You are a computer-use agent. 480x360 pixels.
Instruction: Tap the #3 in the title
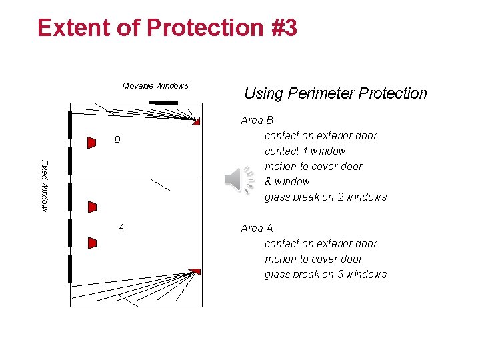coord(281,28)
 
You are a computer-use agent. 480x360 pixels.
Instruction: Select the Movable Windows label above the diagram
coord(155,85)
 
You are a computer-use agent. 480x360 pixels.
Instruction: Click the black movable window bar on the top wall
coord(163,102)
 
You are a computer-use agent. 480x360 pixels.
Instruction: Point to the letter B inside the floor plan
coord(117,140)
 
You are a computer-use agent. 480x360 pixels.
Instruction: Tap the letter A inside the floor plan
coord(121,227)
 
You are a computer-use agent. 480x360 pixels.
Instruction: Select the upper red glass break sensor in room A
coord(92,207)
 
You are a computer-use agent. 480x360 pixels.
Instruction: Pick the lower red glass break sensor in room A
coord(92,243)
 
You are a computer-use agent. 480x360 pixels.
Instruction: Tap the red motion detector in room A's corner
coord(194,271)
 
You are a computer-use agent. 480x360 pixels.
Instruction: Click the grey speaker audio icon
coord(239,180)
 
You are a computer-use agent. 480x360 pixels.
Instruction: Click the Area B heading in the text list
coord(257,120)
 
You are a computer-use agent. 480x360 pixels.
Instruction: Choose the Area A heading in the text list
coord(257,228)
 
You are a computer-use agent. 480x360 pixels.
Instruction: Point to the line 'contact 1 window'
coord(305,151)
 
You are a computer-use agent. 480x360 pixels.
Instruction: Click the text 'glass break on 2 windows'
coord(325,197)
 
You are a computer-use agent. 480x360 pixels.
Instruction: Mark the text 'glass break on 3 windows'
coord(325,274)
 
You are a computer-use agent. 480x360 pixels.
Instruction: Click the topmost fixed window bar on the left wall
coord(69,125)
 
